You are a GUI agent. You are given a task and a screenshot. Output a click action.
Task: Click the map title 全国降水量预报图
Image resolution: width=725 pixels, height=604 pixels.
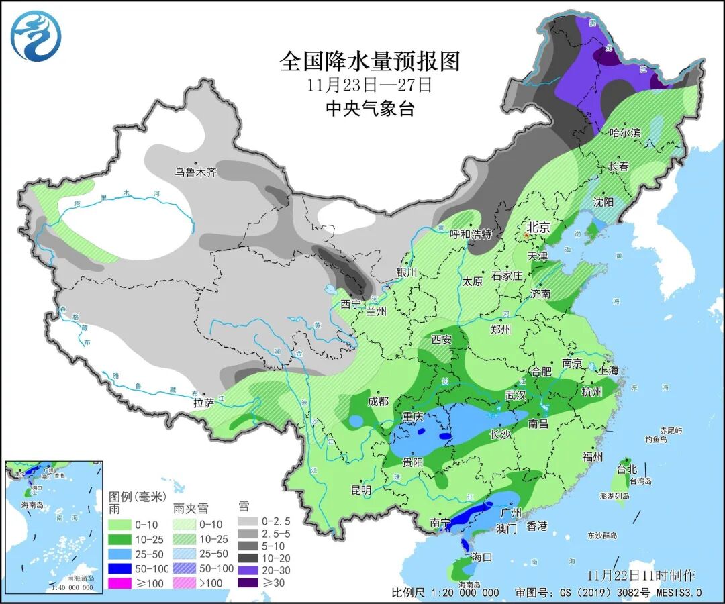click(370, 62)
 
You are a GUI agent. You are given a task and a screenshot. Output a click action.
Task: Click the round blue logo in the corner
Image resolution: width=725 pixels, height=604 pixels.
click(36, 36)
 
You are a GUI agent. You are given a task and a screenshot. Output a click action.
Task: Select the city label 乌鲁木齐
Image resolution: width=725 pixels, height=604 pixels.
click(196, 172)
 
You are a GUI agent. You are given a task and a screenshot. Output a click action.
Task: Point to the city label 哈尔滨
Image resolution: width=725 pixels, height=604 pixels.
click(625, 133)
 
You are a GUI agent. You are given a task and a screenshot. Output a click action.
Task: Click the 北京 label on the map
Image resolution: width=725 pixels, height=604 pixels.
click(538, 228)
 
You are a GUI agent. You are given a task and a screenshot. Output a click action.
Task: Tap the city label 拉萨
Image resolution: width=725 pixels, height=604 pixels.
click(204, 403)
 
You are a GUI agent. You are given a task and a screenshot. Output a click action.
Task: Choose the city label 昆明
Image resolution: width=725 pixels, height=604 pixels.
click(360, 490)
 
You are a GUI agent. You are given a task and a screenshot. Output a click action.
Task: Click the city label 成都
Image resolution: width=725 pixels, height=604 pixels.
click(378, 401)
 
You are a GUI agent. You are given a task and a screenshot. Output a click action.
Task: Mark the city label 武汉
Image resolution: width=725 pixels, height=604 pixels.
click(515, 396)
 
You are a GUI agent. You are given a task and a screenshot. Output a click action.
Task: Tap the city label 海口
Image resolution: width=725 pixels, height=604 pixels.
click(482, 557)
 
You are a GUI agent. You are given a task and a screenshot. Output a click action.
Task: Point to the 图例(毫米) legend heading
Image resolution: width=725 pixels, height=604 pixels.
click(137, 497)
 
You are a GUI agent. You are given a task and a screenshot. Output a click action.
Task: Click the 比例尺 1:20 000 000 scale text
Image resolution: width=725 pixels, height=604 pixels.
click(446, 593)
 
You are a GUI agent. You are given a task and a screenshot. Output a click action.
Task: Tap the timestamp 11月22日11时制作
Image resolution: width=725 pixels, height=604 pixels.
click(641, 576)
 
